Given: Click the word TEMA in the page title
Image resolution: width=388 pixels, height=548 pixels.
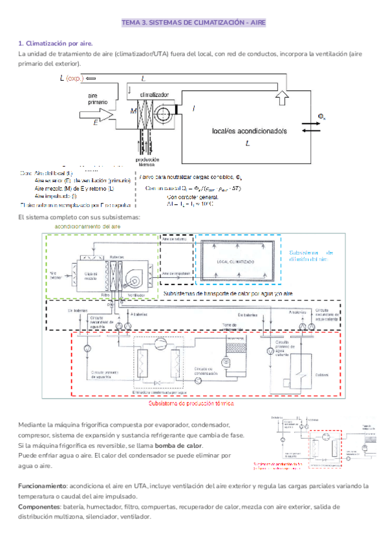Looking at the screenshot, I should click(x=131, y=23).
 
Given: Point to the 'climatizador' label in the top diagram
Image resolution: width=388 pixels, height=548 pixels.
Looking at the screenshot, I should click(x=153, y=94).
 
